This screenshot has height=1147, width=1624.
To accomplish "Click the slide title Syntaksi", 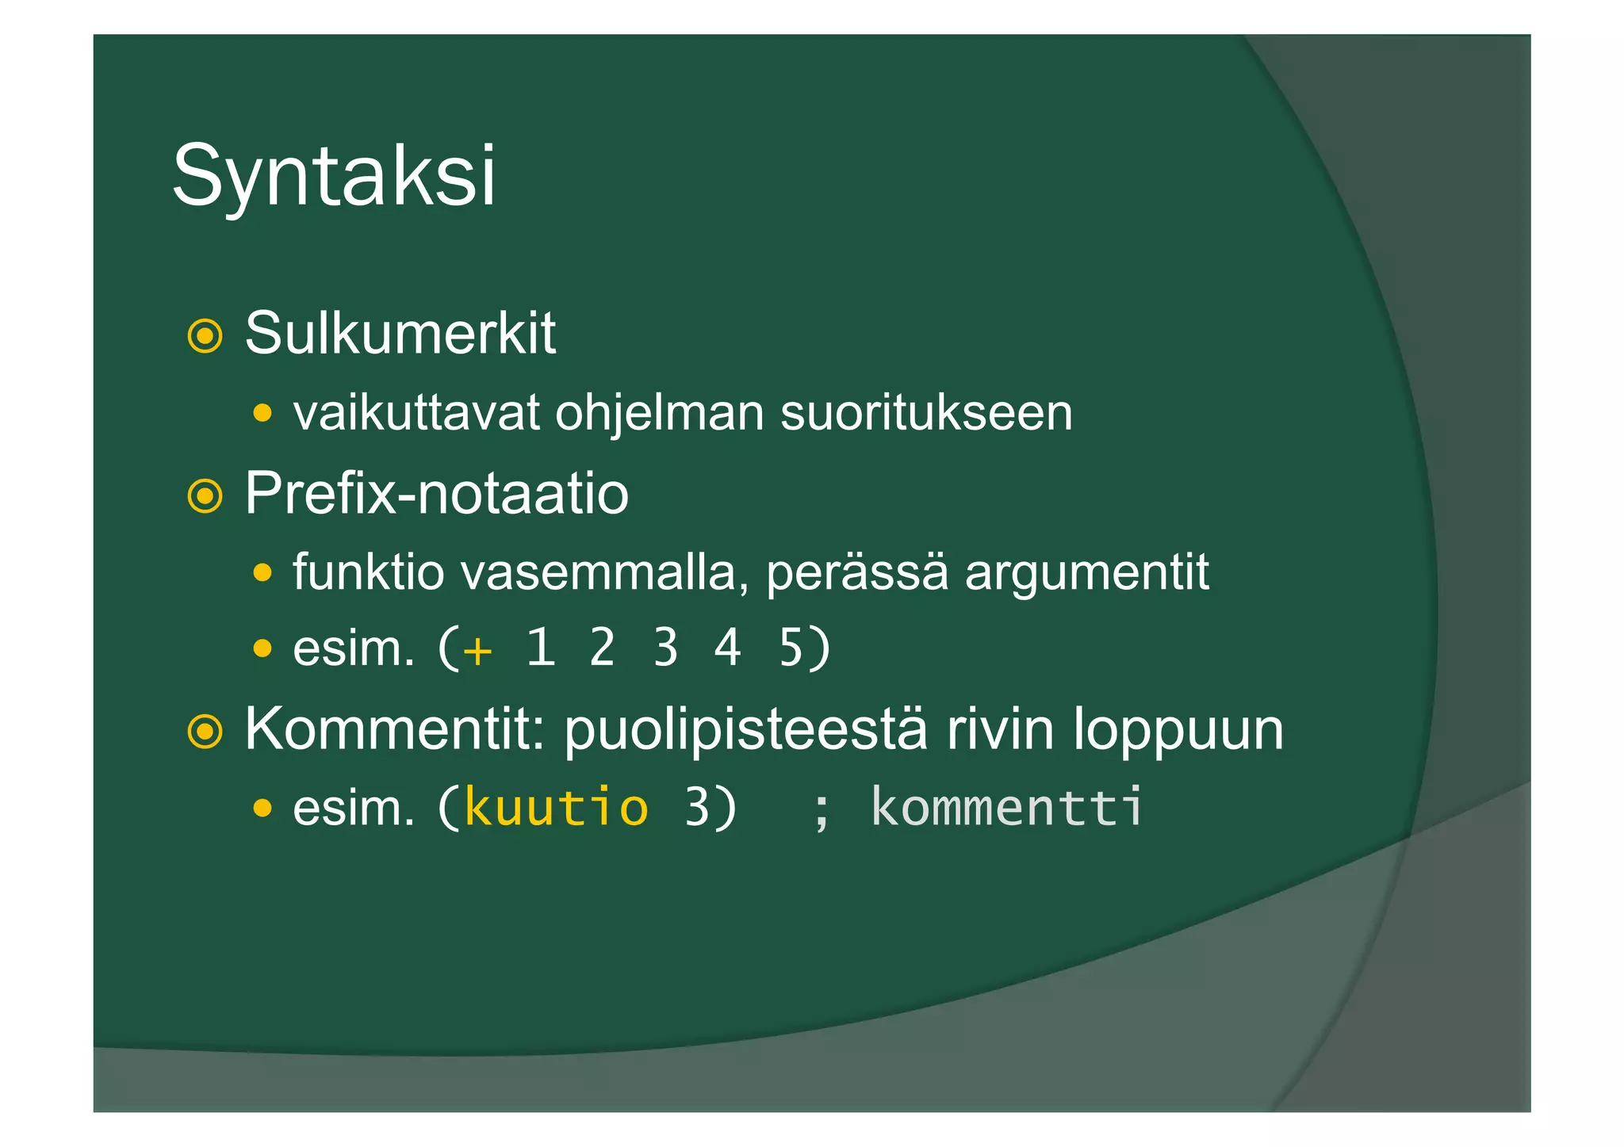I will pos(333,176).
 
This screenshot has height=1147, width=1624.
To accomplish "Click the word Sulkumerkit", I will pos(400,334).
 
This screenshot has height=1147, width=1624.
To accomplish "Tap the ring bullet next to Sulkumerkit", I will pos(205,336).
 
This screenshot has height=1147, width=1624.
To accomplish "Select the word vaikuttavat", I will pos(416,413).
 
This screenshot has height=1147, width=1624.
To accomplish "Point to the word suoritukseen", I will pos(926,413).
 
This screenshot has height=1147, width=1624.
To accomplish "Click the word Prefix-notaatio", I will pos(436,494).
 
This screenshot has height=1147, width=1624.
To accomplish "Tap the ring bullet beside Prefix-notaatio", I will pos(205,496).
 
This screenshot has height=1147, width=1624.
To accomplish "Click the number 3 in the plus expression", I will pos(665,648).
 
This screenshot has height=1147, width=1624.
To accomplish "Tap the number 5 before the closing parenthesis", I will pos(791,648).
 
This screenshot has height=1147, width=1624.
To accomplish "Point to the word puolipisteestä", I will pos(745,730).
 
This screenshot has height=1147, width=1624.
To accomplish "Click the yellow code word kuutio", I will pos(556,808).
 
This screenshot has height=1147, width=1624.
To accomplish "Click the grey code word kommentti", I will pos(1007,808).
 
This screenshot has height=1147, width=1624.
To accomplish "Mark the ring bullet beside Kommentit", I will pos(205,732).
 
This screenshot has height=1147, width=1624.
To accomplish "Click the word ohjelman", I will pos(659,413).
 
